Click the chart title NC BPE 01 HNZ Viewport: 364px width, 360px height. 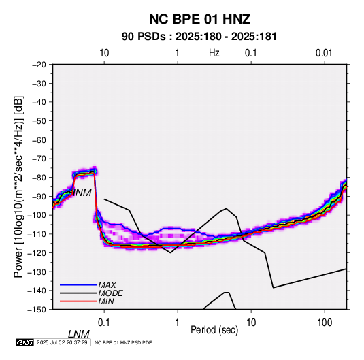point(199,19)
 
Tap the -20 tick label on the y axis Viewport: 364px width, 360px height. point(39,65)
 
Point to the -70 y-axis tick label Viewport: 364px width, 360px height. point(39,159)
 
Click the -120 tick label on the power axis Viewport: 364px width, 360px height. point(37,252)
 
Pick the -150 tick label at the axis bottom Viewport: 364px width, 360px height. point(37,310)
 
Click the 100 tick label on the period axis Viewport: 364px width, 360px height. point(325,323)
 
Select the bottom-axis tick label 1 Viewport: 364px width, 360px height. point(178,323)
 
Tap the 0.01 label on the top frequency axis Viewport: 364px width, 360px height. point(324,53)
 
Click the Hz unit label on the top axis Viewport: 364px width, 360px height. point(214,53)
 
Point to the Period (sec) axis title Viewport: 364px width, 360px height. point(214,330)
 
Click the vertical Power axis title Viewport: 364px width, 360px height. point(18,186)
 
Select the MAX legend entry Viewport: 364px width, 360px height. point(107,285)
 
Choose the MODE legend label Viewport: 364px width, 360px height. point(110,293)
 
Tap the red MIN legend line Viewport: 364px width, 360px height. point(78,301)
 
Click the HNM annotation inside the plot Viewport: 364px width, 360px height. point(80,193)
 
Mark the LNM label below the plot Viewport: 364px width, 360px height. point(79,334)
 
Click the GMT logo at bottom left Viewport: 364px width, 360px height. point(25,342)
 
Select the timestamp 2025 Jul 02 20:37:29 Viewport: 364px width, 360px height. point(62,342)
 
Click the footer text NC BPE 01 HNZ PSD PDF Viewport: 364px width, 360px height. point(123,342)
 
